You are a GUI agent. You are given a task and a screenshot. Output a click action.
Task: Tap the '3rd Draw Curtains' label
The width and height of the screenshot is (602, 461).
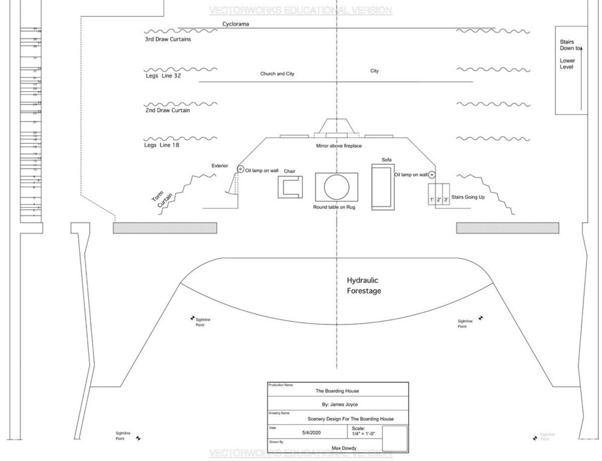pyautogui.click(x=168, y=40)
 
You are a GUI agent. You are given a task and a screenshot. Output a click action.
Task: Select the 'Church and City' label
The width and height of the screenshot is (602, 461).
pyautogui.click(x=277, y=74)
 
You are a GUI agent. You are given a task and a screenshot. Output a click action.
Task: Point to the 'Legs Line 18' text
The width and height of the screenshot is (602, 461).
pyautogui.click(x=162, y=145)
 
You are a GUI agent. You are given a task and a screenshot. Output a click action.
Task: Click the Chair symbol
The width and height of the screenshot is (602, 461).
pyautogui.click(x=290, y=188)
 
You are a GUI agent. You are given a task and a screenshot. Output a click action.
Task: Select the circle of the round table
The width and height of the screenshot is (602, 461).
pyautogui.click(x=336, y=187)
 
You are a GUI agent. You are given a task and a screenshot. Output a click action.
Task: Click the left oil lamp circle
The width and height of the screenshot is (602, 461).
pyautogui.click(x=240, y=169)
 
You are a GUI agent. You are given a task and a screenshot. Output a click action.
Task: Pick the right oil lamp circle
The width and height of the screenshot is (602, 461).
pyautogui.click(x=432, y=174)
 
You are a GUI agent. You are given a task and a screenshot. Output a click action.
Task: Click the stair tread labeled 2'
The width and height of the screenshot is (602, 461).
pyautogui.click(x=439, y=199)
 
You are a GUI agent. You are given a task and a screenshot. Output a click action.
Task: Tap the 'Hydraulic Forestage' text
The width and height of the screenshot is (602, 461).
pyautogui.click(x=363, y=286)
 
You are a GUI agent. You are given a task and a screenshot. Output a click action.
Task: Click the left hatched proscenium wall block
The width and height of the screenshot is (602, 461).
pyautogui.click(x=165, y=228)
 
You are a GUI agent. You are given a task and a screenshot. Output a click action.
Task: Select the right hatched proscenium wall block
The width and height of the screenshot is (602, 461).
pyautogui.click(x=508, y=228)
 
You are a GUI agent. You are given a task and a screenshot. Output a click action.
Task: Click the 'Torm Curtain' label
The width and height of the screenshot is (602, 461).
pyautogui.click(x=160, y=199)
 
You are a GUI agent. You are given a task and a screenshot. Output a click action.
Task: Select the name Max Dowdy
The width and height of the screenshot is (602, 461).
pyautogui.click(x=345, y=448)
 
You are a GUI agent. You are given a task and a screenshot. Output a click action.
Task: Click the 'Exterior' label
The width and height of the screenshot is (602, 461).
pyautogui.click(x=220, y=166)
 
